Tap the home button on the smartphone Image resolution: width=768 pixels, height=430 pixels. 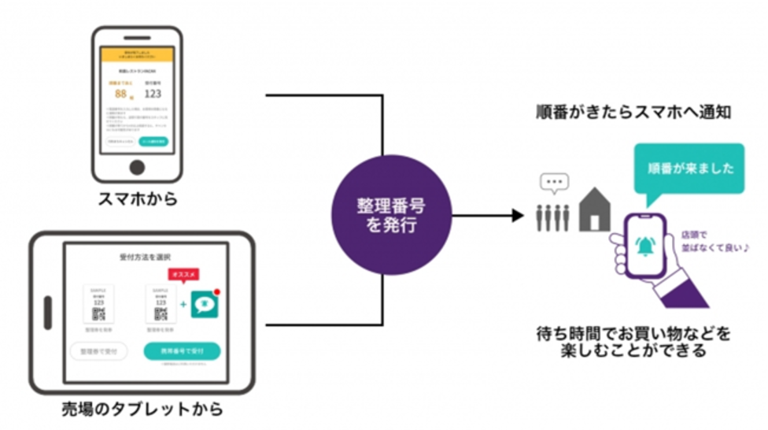pos(137,167)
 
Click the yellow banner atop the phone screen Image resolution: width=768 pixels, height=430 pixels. pos(138,54)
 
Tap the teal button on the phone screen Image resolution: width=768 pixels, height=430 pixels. pos(153,142)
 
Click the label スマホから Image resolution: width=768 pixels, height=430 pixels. pos(137,199)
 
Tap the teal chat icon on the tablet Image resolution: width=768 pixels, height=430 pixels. pos(205,305)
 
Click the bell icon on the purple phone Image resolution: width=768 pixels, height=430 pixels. pos(644,246)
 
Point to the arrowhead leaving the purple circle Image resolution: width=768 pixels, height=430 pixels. pos(517,214)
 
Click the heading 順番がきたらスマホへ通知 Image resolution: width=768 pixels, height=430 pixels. pos(633,113)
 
